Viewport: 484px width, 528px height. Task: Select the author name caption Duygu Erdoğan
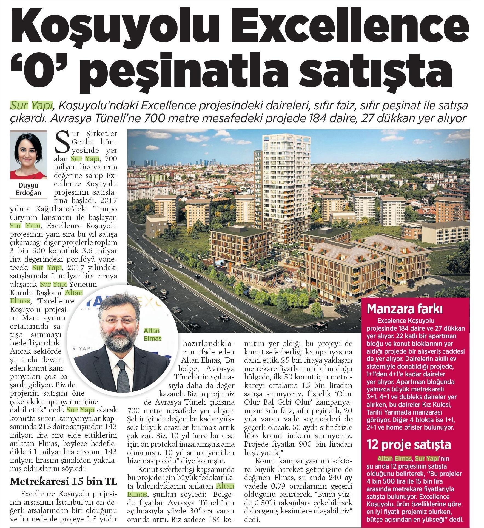(29, 189)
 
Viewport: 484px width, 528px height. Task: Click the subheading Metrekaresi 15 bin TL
(63, 481)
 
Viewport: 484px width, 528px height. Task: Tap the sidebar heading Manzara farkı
(405, 309)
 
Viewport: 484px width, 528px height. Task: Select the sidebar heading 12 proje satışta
(409, 445)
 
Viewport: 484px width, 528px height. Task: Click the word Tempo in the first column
(105, 209)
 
